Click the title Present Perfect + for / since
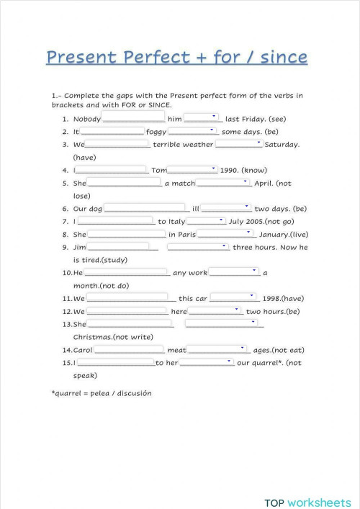(176, 57)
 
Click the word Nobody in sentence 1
(87, 119)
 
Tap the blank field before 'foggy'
(112, 132)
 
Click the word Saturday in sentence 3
(282, 145)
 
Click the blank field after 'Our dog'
(148, 209)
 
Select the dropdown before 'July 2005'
(207, 221)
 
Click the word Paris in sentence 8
(182, 235)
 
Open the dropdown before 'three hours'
(198, 247)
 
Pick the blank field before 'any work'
(127, 273)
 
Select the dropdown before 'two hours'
(215, 311)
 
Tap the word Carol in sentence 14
(84, 350)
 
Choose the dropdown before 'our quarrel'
(207, 362)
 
